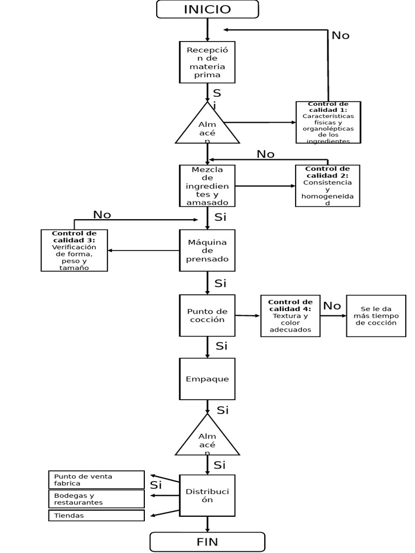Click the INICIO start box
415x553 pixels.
(x=207, y=9)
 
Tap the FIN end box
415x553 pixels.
(x=207, y=542)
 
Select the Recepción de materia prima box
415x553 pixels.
(x=207, y=62)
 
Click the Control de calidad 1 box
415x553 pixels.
(x=328, y=122)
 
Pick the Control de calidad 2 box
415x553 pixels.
(x=327, y=186)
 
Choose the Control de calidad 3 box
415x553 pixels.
(x=74, y=250)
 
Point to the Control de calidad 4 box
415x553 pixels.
(x=290, y=316)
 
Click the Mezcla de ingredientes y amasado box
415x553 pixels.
(x=207, y=186)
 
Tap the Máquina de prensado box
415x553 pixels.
(x=207, y=250)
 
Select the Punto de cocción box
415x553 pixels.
(x=207, y=315)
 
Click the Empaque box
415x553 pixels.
(x=207, y=379)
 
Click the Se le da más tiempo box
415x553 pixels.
(x=376, y=316)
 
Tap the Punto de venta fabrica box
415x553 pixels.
(x=96, y=480)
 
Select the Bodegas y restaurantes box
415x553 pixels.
(x=96, y=498)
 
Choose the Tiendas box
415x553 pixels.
(x=96, y=515)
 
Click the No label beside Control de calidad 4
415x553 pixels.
(x=332, y=306)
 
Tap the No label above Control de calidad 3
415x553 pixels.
(x=102, y=214)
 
